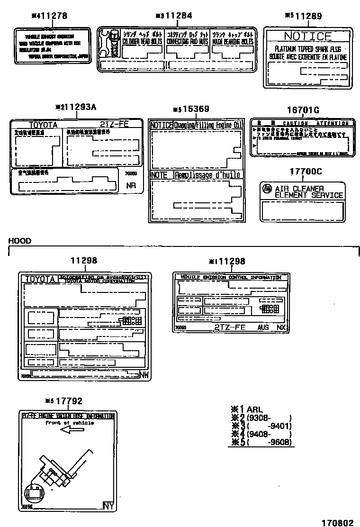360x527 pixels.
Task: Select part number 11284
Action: pos(178,16)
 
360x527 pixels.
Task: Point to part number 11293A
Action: pos(80,107)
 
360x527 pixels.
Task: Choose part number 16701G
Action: pos(303,110)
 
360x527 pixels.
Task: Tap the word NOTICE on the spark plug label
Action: pos(307,36)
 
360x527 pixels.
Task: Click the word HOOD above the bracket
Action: pos(20,241)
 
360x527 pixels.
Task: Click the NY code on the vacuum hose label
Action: pos(108,506)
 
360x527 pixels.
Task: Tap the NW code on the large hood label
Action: pos(144,375)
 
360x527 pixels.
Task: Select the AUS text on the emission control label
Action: pos(263,327)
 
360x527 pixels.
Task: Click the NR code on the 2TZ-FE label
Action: pos(131,185)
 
